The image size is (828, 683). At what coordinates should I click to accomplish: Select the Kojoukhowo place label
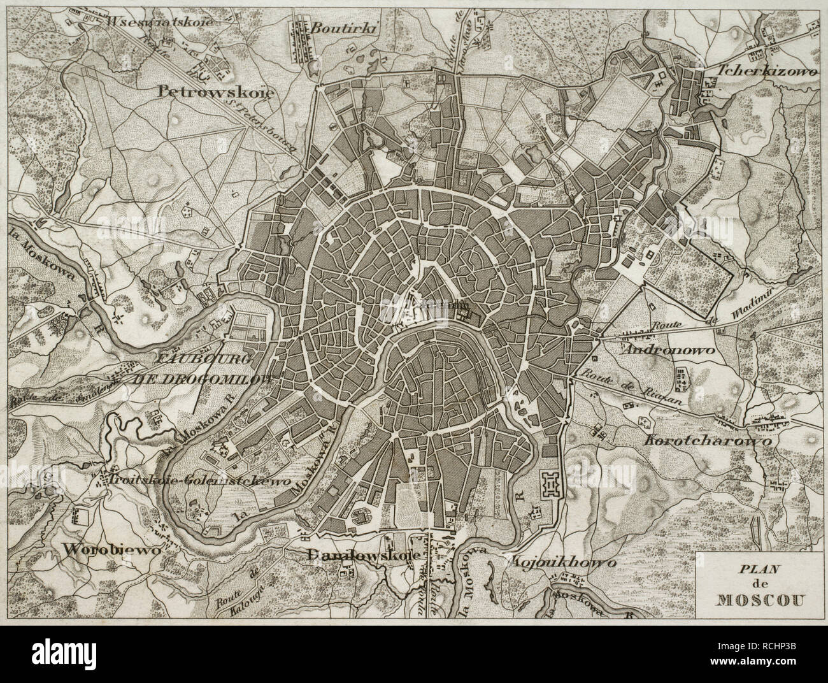coord(562,563)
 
